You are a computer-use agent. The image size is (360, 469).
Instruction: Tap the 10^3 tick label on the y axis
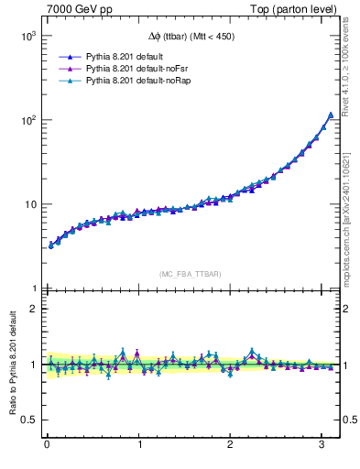[x=27, y=36]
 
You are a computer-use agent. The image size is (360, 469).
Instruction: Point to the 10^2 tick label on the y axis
[x=27, y=120]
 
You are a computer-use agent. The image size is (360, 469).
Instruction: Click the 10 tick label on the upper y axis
[x=29, y=204]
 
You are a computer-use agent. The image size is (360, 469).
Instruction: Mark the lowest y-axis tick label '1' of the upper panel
[x=33, y=289]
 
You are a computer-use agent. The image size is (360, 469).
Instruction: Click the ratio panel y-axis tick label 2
[x=33, y=309]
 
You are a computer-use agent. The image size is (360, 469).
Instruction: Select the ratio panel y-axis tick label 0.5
[x=28, y=420]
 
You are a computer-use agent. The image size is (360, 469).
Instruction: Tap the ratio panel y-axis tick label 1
[x=33, y=365]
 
